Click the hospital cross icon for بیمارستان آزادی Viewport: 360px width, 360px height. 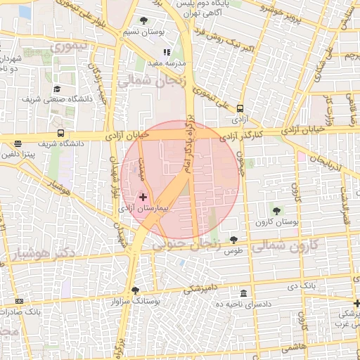(x=143, y=198)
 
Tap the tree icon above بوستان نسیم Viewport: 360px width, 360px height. (x=144, y=20)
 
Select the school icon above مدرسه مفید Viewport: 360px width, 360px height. (x=167, y=52)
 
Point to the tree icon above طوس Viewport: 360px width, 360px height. (x=234, y=240)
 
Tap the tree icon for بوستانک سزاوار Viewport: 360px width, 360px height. (x=135, y=290)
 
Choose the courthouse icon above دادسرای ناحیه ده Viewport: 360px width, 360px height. (x=243, y=292)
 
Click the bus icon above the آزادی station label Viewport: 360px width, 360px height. (x=240, y=108)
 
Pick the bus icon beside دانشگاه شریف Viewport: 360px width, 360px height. (x=61, y=133)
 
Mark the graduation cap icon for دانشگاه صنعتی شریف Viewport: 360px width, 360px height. (x=57, y=89)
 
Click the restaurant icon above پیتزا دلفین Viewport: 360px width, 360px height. (x=17, y=143)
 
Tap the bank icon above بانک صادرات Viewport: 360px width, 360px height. (x=18, y=301)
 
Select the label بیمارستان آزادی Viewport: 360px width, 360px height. (x=170, y=209)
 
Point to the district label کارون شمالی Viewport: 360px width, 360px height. (x=283, y=246)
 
